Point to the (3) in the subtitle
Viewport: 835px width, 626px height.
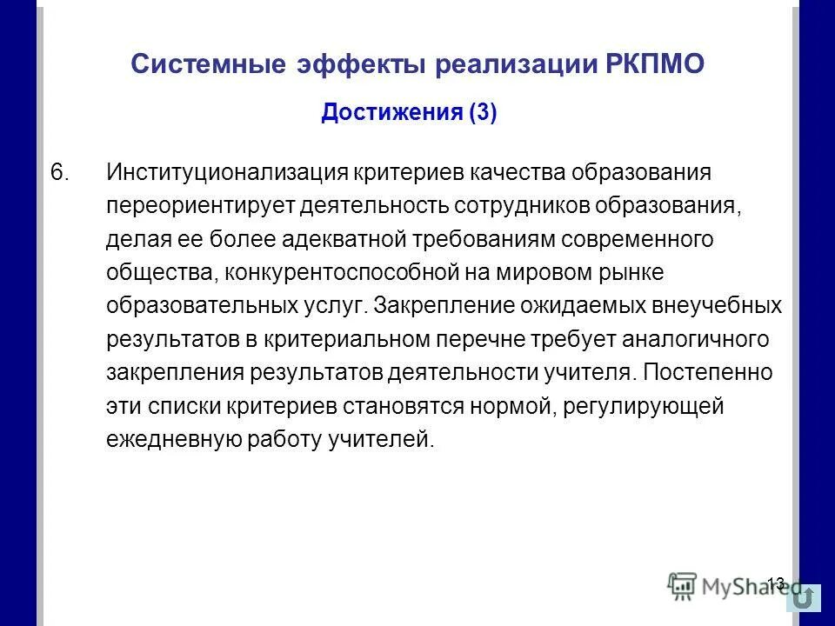[x=483, y=114]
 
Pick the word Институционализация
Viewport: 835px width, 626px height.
[x=227, y=171]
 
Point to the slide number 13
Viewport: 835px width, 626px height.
[x=776, y=582]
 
